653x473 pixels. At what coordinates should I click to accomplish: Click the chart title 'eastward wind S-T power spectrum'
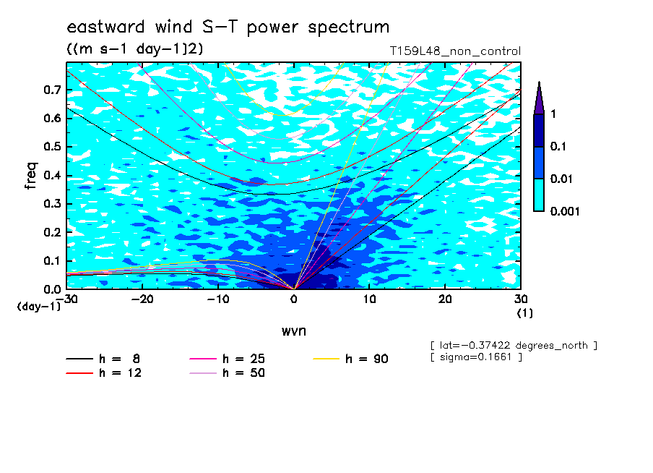228,27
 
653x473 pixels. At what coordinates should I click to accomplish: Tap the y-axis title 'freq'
31,176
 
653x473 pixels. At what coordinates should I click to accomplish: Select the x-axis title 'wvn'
294,331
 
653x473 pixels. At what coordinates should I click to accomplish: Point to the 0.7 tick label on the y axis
53,90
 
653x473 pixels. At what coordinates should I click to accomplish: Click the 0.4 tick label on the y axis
53,175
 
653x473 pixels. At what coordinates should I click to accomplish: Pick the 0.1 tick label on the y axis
53,260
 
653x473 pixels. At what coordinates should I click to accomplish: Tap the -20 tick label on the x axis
142,299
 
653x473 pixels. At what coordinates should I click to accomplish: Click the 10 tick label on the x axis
369,299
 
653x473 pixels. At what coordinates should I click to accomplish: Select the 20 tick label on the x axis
445,299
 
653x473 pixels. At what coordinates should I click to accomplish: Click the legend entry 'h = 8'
103,359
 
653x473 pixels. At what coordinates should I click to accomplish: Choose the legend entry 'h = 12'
103,372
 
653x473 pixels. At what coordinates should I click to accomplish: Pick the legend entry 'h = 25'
227,359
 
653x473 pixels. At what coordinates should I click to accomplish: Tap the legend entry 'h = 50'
227,372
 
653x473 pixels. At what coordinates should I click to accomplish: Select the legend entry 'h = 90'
350,359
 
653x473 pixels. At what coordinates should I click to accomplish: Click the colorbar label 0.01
561,179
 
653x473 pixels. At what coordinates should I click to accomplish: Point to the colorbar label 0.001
565,211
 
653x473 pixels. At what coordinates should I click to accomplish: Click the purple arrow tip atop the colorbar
540,82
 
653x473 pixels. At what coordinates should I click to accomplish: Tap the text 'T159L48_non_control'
455,51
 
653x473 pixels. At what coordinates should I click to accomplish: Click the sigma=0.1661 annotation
477,357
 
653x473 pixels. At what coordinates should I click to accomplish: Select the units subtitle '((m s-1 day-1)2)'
135,49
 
